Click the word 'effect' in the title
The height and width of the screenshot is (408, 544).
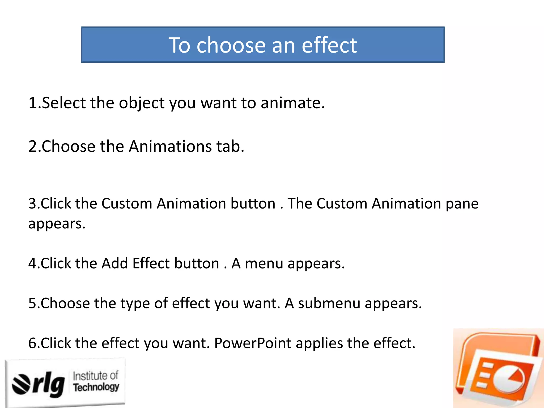329,45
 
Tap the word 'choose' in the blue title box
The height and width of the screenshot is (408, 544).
231,45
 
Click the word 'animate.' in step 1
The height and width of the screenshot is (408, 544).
292,103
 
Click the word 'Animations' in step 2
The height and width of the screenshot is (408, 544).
170,146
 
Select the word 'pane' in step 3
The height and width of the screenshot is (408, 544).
462,204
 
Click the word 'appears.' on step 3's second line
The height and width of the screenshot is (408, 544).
57,224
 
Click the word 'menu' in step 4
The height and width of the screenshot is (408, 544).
264,263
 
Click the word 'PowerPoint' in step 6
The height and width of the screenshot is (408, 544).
253,343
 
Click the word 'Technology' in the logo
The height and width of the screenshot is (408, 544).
96,387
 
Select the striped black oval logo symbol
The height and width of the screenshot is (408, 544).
21,384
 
